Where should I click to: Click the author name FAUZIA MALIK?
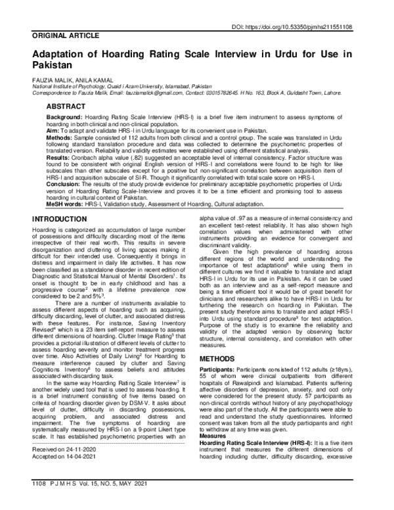51,79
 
